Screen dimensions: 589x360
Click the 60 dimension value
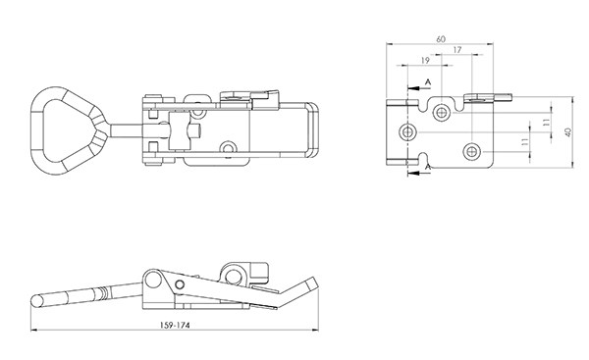tap(441, 39)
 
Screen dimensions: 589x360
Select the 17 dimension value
tap(457, 50)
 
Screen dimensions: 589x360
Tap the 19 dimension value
tap(425, 61)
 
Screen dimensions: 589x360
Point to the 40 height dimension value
tap(568, 132)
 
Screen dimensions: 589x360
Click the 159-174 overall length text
tap(175, 325)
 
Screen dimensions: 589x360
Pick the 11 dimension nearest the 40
tap(546, 122)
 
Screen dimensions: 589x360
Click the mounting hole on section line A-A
tap(407, 132)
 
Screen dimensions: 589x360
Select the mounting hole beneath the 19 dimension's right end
tap(441, 112)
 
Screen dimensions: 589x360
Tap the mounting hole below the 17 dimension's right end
tap(471, 152)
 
